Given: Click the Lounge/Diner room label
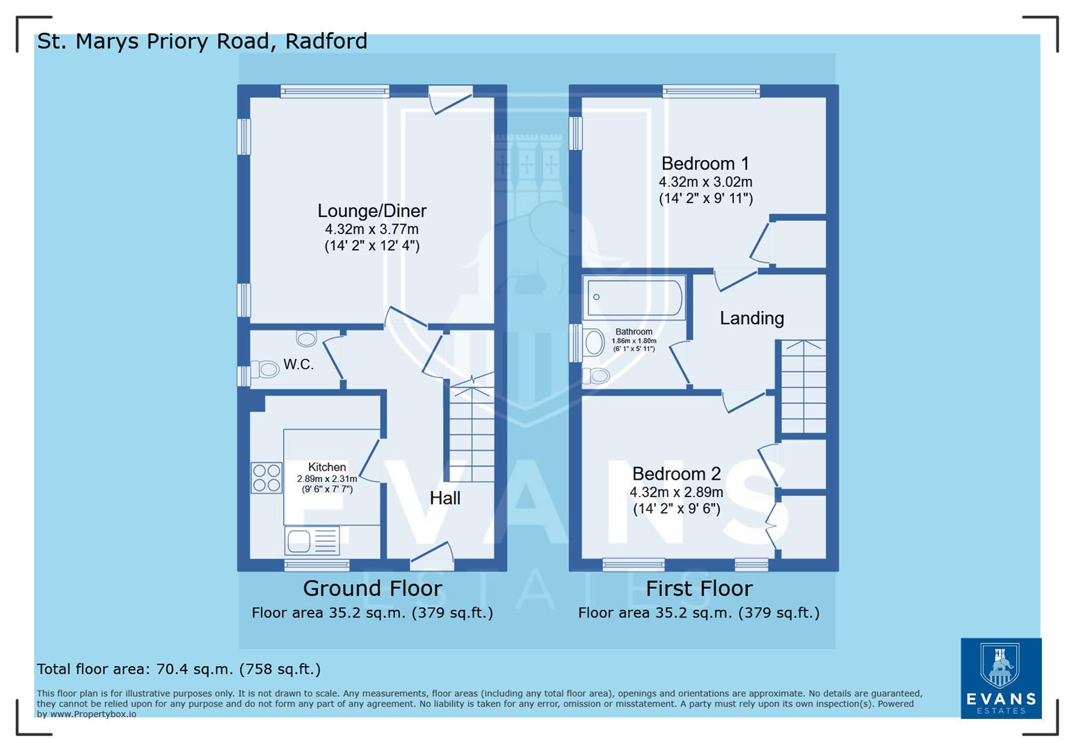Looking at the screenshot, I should [x=371, y=211].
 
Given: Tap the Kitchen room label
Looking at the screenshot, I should [x=327, y=467].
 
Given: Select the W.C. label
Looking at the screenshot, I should [x=298, y=364].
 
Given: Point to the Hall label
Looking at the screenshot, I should [x=444, y=498].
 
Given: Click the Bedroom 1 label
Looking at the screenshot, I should [x=705, y=163].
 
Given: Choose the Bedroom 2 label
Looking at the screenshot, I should [x=676, y=474].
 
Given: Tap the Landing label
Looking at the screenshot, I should [x=751, y=318].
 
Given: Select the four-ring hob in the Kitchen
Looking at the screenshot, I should [x=266, y=478].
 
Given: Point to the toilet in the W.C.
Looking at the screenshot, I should [x=264, y=368].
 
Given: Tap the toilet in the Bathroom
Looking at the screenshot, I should [x=595, y=376].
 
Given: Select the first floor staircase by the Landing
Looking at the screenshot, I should [x=803, y=387].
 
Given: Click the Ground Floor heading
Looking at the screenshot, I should [x=372, y=588].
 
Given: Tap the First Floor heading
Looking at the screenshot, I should [x=698, y=588].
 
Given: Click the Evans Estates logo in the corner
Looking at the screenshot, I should [x=1001, y=678].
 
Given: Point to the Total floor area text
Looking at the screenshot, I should [x=179, y=669].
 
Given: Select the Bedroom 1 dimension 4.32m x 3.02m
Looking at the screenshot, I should [x=705, y=182].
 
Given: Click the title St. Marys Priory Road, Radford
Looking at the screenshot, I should [x=202, y=42].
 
